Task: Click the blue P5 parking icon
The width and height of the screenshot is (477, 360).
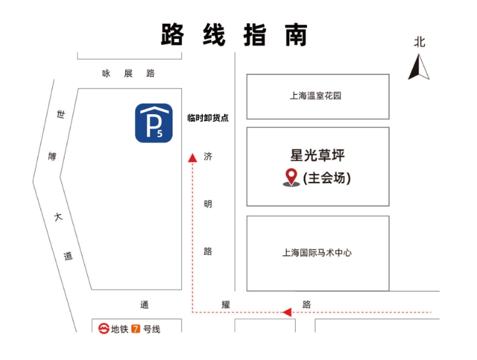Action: pyautogui.click(x=154, y=123)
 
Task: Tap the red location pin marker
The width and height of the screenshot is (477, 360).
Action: pyautogui.click(x=291, y=177)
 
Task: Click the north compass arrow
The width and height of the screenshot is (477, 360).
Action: pyautogui.click(x=418, y=67)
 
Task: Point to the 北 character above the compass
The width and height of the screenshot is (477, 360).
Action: pyautogui.click(x=419, y=42)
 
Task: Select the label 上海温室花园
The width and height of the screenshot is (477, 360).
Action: pyautogui.click(x=316, y=96)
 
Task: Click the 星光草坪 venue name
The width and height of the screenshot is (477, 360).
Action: pyautogui.click(x=318, y=155)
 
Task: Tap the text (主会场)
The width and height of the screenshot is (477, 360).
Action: pyautogui.click(x=327, y=178)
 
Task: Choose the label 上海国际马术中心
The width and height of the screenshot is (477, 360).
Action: pyautogui.click(x=317, y=253)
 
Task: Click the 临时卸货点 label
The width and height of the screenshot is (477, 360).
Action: pyautogui.click(x=208, y=118)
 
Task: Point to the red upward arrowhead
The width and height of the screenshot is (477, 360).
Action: pyautogui.click(x=192, y=158)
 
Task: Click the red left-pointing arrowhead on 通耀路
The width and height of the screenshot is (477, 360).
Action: pyautogui.click(x=287, y=312)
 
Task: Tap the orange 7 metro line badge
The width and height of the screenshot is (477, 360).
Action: pyautogui.click(x=136, y=329)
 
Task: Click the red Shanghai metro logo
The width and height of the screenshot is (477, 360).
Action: pyautogui.click(x=103, y=328)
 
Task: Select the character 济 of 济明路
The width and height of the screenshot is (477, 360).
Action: pyautogui.click(x=208, y=156)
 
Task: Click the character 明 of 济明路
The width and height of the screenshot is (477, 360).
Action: pyautogui.click(x=208, y=204)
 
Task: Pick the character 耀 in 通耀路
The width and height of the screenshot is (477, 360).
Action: pyautogui.click(x=226, y=305)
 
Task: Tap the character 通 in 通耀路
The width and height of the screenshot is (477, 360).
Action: pyautogui.click(x=144, y=305)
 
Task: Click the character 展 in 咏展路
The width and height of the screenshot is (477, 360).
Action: pyautogui.click(x=128, y=73)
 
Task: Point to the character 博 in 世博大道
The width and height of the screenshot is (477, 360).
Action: pyautogui.click(x=52, y=156)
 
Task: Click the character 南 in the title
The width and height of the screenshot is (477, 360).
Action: pyautogui.click(x=296, y=35)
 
